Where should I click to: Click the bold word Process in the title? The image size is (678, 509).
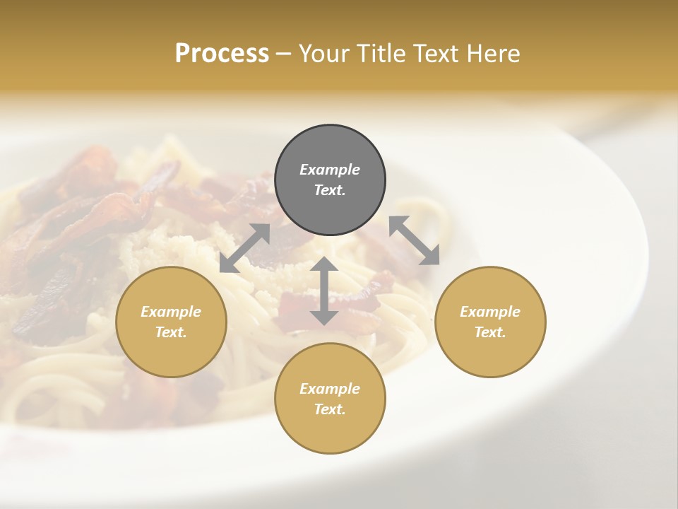coord(222,54)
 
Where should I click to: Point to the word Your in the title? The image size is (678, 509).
coord(324,54)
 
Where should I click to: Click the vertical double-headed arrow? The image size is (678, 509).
coord(323,291)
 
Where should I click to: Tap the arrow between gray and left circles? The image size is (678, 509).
coord(245,248)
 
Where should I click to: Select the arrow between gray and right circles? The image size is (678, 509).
coord(415,240)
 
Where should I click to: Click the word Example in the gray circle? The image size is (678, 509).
coord(330,170)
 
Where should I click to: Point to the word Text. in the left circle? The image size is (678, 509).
coord(171,332)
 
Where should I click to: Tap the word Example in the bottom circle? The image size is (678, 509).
coord(330,388)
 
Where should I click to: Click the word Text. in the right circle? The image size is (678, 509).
coord(490,332)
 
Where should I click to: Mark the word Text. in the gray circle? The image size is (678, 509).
coord(330,190)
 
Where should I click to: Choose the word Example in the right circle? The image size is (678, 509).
coord(490,312)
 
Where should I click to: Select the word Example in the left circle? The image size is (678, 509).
coord(171,312)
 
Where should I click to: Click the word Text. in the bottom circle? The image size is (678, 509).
coord(330,409)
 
